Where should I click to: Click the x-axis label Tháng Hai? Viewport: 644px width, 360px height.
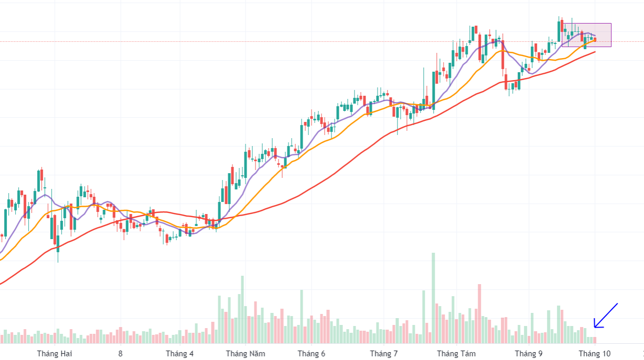[x=54, y=354]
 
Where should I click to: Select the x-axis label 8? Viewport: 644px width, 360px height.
[x=120, y=354]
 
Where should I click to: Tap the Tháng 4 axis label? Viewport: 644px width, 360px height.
[x=180, y=354]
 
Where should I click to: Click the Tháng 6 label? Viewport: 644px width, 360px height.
[x=311, y=354]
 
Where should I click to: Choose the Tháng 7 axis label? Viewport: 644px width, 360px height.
[x=384, y=354]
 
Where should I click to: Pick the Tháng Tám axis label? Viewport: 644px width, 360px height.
[x=456, y=354]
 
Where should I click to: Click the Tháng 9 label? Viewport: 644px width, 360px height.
[x=528, y=354]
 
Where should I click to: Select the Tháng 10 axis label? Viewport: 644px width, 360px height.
[x=594, y=354]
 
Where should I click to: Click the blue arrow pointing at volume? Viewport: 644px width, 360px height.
[x=606, y=316]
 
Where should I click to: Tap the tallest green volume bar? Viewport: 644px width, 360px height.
[x=434, y=298]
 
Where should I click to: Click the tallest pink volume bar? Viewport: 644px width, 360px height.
[x=479, y=314]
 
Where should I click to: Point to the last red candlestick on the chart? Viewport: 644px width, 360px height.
[x=595, y=40]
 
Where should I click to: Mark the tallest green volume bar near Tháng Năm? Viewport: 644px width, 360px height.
[x=242, y=309]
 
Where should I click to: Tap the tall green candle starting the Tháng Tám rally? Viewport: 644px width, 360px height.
[x=434, y=84]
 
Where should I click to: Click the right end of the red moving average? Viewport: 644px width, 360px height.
[x=595, y=51]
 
